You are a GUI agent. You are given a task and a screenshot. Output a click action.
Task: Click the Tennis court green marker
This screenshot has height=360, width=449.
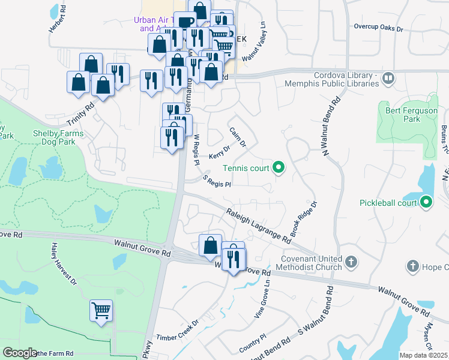pyautogui.click(x=278, y=168)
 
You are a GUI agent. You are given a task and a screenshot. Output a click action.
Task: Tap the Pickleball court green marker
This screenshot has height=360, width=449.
pyautogui.click(x=426, y=202)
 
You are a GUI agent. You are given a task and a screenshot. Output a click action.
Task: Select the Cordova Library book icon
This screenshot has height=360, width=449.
pyautogui.click(x=388, y=79)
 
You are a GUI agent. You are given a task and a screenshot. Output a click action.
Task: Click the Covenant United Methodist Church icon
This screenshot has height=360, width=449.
pyautogui.click(x=351, y=262)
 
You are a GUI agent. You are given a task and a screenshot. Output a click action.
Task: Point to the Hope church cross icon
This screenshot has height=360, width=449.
pyautogui.click(x=412, y=265)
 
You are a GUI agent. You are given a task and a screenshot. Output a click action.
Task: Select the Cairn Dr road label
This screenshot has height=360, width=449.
pyautogui.click(x=238, y=137)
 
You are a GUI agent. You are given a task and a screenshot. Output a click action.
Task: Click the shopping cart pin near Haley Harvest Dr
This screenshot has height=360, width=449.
pyautogui.click(x=101, y=311)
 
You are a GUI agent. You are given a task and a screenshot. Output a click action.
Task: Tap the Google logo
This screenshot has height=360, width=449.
pyautogui.click(x=20, y=353)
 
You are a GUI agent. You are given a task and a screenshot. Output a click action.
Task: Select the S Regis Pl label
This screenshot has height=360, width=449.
pyautogui.click(x=217, y=181)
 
